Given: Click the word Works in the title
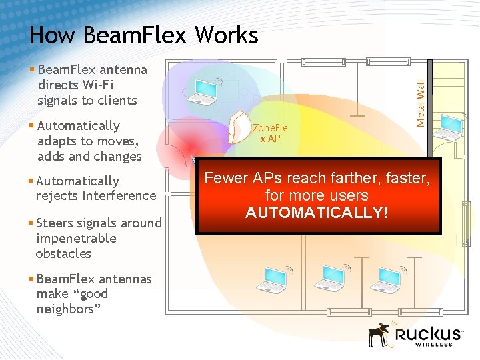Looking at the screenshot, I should pyautogui.click(x=224, y=35).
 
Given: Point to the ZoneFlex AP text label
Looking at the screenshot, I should pyautogui.click(x=269, y=133).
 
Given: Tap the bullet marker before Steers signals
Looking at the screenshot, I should pyautogui.click(x=32, y=223).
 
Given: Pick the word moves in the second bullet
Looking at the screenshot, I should pyautogui.click(x=119, y=141).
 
